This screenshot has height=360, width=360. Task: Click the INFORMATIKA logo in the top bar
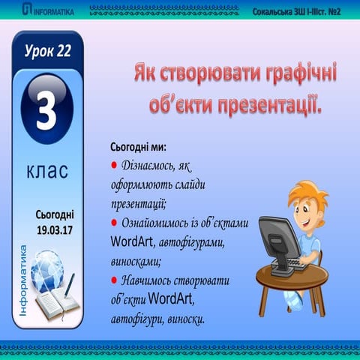point(47,10)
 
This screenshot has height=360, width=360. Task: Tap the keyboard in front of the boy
point(297,265)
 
